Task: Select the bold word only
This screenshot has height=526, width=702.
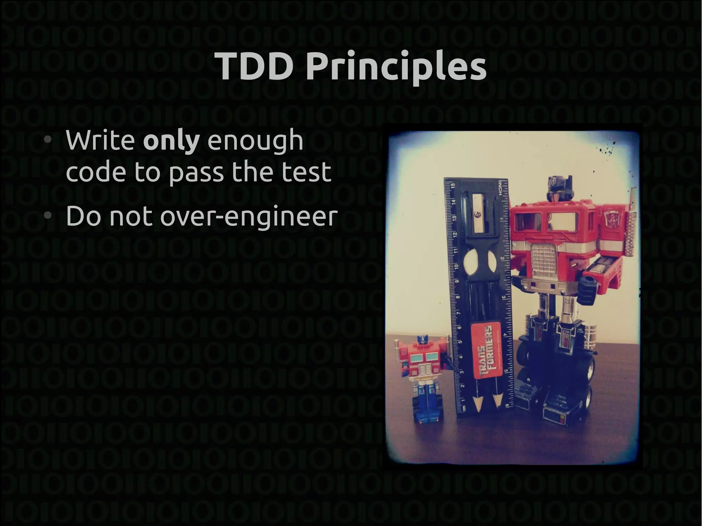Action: coord(171,141)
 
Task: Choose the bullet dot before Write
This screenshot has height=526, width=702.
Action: coord(48,140)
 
